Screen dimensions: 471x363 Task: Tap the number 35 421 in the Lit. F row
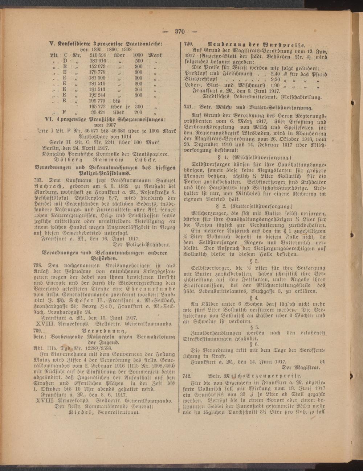click(98, 112)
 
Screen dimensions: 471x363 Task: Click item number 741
click(188, 108)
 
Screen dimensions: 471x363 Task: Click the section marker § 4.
click(254, 297)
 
